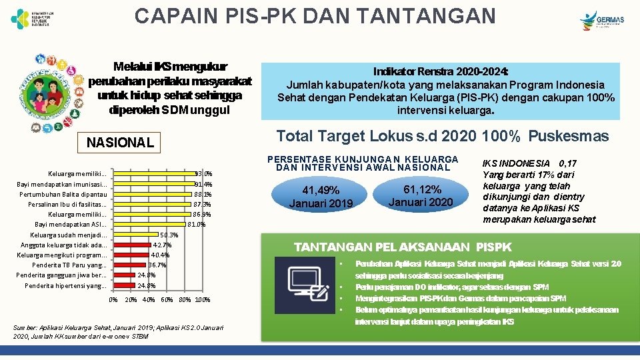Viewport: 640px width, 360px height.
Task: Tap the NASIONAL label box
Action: (120, 142)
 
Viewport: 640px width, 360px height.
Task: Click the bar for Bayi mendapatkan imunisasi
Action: (154, 184)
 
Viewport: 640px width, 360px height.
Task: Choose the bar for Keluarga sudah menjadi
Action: (136, 235)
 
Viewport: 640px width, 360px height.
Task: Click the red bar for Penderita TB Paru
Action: (130, 265)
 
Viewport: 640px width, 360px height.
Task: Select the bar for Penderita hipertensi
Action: (125, 285)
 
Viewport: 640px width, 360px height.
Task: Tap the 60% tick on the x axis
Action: (167, 300)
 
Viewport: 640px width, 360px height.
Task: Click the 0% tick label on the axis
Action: (113, 300)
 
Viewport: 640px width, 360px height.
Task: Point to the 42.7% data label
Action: (163, 245)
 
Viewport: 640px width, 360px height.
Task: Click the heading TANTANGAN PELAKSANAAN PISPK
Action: (393, 247)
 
